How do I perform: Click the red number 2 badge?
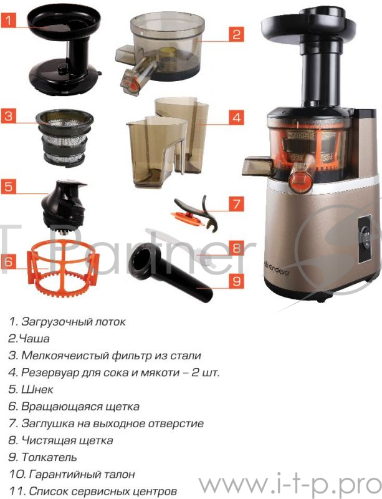pos(235,34)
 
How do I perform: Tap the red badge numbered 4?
pos(235,117)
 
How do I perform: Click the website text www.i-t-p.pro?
pos(290,484)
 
